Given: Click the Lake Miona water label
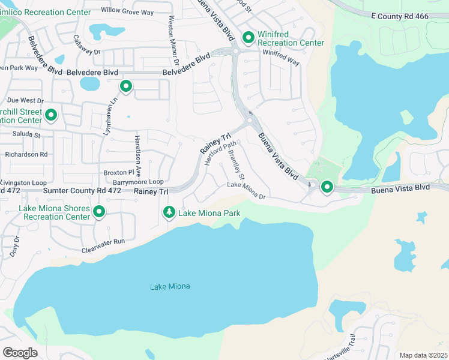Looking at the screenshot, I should pyautogui.click(x=170, y=286).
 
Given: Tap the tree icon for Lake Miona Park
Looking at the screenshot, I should pyautogui.click(x=169, y=212).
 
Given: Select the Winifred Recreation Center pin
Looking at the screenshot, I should pyautogui.click(x=249, y=38).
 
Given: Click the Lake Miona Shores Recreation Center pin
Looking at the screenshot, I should pyautogui.click(x=99, y=212).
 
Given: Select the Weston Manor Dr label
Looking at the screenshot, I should pyautogui.click(x=173, y=42).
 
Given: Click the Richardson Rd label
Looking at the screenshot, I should pyautogui.click(x=26, y=154).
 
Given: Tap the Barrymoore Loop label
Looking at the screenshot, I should pyautogui.click(x=138, y=181).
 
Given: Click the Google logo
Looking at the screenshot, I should pyautogui.click(x=20, y=352).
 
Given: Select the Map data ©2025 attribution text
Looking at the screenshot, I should pyautogui.click(x=423, y=355).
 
